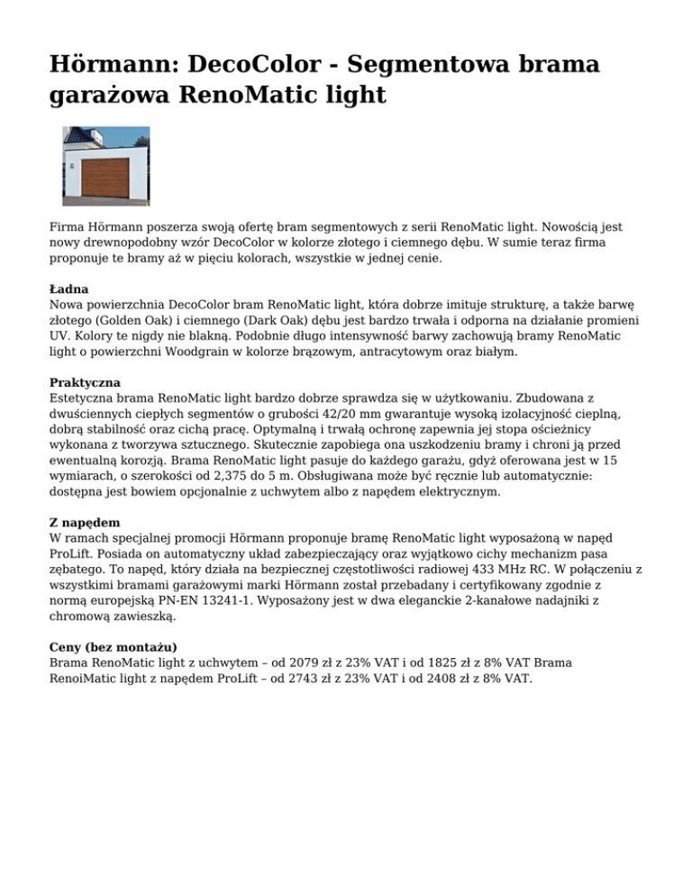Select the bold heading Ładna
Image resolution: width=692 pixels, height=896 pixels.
tap(69, 291)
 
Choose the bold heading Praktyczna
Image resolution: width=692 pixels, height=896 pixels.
tap(85, 382)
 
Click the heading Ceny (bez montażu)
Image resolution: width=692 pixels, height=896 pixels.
tap(113, 646)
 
